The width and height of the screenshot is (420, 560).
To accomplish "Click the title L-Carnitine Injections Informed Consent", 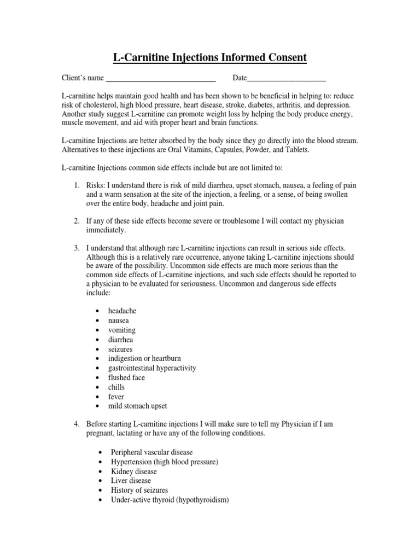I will click(x=210, y=57).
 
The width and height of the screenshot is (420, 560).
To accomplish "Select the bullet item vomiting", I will click(x=121, y=330).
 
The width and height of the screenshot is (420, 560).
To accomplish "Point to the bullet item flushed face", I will click(x=126, y=377).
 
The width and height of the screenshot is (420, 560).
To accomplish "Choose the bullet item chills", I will click(x=116, y=387).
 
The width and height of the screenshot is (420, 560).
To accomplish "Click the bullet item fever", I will click(x=116, y=396).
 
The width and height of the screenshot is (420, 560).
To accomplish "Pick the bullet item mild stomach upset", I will click(x=137, y=406).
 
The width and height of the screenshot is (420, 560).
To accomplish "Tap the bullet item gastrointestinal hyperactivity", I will click(x=151, y=368).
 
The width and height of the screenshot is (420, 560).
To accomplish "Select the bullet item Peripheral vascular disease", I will click(x=151, y=452).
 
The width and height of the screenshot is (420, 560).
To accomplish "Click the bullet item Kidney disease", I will click(x=133, y=471).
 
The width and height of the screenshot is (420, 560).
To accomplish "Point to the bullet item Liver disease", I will click(x=131, y=481).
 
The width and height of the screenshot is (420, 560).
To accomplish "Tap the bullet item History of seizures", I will click(x=139, y=490).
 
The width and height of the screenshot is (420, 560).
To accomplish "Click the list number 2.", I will click(x=77, y=220).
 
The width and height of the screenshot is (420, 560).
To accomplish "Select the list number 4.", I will click(x=77, y=424).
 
